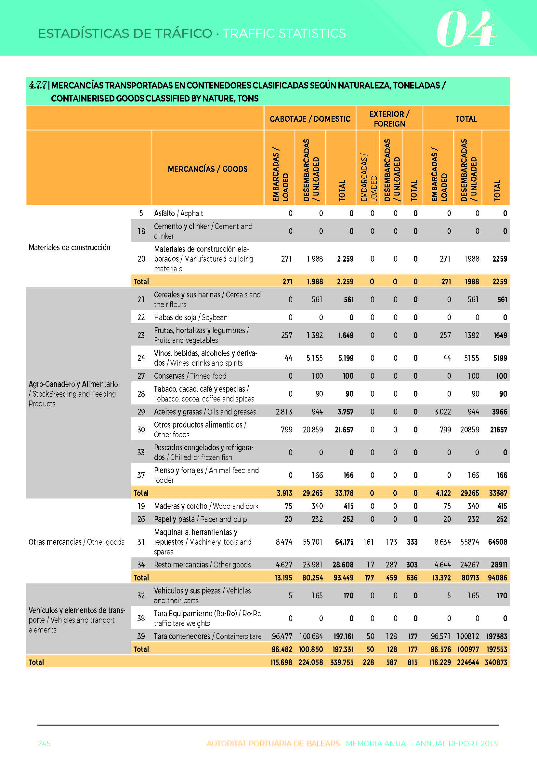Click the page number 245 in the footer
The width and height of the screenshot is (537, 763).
(x=44, y=743)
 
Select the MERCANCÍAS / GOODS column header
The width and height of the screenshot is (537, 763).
(x=208, y=169)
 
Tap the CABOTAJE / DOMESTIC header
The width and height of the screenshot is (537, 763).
(x=310, y=119)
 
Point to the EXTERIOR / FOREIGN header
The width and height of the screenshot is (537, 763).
(x=389, y=119)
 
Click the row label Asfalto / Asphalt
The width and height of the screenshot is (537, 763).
(x=178, y=213)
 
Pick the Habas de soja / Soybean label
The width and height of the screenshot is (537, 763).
(x=190, y=317)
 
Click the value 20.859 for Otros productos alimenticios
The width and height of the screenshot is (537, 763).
(x=313, y=430)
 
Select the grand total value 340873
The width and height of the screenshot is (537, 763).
(x=496, y=662)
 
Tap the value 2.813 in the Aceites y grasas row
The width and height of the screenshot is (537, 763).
(x=284, y=412)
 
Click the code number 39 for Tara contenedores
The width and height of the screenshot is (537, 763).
(x=141, y=636)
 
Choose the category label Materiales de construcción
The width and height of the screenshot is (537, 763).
(x=70, y=248)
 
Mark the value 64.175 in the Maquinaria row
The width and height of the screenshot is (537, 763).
(x=344, y=542)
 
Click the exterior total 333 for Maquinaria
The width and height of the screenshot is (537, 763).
(x=412, y=542)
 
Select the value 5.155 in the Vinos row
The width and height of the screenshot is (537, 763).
(x=314, y=358)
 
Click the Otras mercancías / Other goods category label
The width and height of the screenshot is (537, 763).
(x=76, y=542)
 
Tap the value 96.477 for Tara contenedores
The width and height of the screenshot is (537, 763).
(x=282, y=636)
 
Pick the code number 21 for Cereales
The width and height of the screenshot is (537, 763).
(x=141, y=299)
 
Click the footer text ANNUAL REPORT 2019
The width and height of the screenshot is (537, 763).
(x=457, y=743)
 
